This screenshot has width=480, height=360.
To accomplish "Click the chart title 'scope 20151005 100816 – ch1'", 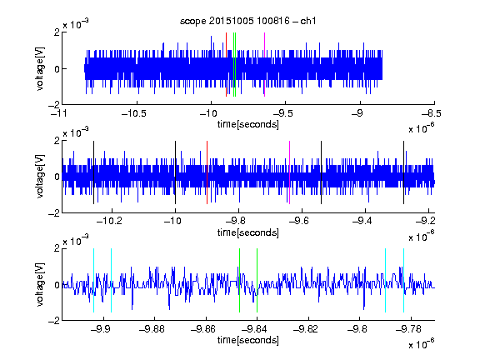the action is (x=247, y=21).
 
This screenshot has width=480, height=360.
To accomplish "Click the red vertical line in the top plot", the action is (x=226, y=65).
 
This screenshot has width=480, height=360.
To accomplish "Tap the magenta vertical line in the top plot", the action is (x=264, y=65).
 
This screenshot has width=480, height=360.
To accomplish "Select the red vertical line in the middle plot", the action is (x=207, y=172).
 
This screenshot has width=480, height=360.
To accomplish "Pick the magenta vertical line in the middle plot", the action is (x=290, y=172).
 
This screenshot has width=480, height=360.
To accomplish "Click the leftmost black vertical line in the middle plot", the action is (x=93, y=172).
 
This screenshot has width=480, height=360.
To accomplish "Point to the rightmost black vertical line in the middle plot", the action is (x=404, y=172).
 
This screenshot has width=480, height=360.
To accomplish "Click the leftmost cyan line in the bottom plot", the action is (x=93, y=280).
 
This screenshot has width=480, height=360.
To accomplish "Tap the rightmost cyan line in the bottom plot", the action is (x=404, y=280).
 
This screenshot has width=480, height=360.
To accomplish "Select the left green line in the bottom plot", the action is (x=239, y=280).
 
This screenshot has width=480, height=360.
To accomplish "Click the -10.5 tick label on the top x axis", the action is (x=134, y=114).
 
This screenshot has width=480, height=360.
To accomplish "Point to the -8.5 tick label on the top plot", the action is (x=432, y=114).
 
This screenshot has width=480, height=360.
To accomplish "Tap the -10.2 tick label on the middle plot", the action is (x=110, y=221).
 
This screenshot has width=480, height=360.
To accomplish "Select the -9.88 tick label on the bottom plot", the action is (x=152, y=329).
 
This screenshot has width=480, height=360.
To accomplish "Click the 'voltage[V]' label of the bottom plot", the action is (x=40, y=285).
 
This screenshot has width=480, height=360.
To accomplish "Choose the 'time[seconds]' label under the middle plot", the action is (x=248, y=232).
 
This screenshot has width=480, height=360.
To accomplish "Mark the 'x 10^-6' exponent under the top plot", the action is (x=422, y=128).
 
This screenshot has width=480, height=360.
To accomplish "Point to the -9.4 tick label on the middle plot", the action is (x=362, y=221).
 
